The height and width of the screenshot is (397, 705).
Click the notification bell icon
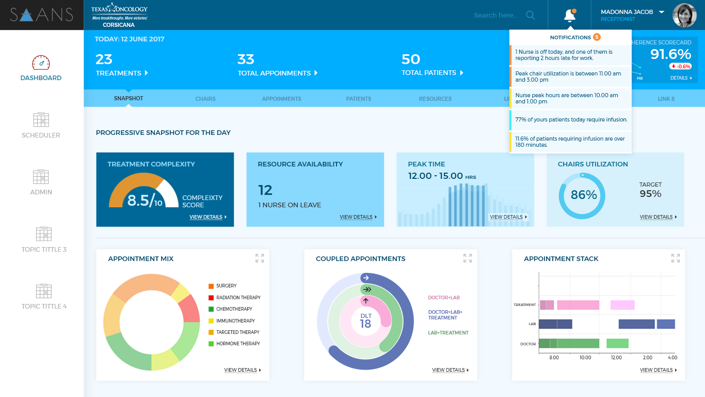pos(570,16)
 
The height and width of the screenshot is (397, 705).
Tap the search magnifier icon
pos(530,15)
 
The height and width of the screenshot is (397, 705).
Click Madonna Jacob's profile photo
pos(684,16)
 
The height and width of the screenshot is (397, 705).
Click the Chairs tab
pos(205,99)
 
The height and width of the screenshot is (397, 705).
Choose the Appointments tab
pos(281,99)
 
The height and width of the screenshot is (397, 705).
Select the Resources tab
pos(435,99)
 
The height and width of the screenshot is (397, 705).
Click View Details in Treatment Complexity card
pos(208,217)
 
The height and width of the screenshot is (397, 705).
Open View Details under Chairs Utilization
pos(658,217)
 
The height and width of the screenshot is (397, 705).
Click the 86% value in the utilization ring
pos(584,195)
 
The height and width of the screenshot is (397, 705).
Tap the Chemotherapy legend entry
pos(234,309)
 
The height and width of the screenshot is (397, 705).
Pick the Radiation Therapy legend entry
pos(238,298)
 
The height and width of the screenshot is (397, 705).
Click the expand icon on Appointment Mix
pos(260,258)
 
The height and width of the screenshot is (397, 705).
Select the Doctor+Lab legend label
pos(444,298)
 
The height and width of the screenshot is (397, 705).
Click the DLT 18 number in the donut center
pos(365,324)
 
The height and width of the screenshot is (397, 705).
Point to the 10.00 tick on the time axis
pos(585,357)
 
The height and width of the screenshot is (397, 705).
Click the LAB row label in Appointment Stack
pos(532,324)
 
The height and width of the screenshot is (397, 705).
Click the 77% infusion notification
pos(571,119)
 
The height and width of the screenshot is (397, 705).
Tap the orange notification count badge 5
pos(597,37)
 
